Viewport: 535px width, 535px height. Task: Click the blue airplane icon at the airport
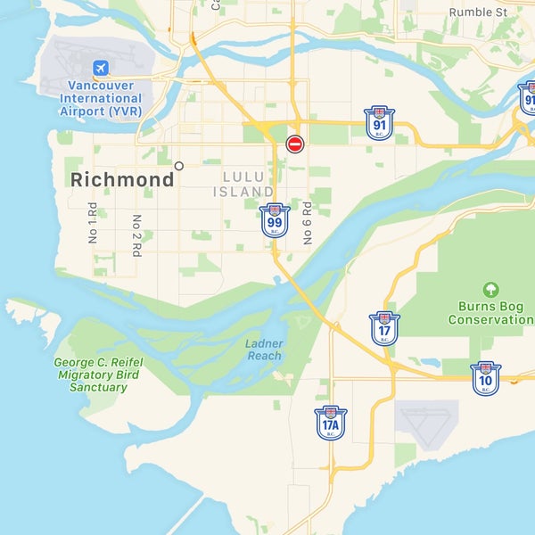pyautogui.click(x=100, y=68)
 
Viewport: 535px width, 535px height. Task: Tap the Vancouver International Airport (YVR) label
pyautogui.click(x=100, y=98)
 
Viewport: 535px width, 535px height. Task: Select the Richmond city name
pyautogui.click(x=122, y=180)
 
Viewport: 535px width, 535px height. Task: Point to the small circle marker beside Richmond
pyautogui.click(x=179, y=166)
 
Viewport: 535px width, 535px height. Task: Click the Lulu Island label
pyautogui.click(x=244, y=184)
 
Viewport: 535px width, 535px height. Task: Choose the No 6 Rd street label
pyautogui.click(x=307, y=223)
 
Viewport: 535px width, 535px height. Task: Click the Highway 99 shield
pyautogui.click(x=275, y=220)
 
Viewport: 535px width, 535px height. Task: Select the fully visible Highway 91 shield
pyautogui.click(x=380, y=123)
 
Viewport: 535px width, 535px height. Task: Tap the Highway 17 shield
pyautogui.click(x=385, y=328)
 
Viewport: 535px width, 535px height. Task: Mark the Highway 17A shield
pyautogui.click(x=330, y=423)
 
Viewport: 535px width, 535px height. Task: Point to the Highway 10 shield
pyautogui.click(x=485, y=378)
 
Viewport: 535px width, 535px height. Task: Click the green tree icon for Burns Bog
pyautogui.click(x=490, y=290)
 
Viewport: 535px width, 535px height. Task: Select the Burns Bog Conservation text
pyautogui.click(x=490, y=312)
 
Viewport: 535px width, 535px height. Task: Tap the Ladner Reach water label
pyautogui.click(x=264, y=350)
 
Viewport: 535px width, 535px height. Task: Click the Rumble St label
pyautogui.click(x=478, y=12)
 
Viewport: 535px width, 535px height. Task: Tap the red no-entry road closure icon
pyautogui.click(x=295, y=144)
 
